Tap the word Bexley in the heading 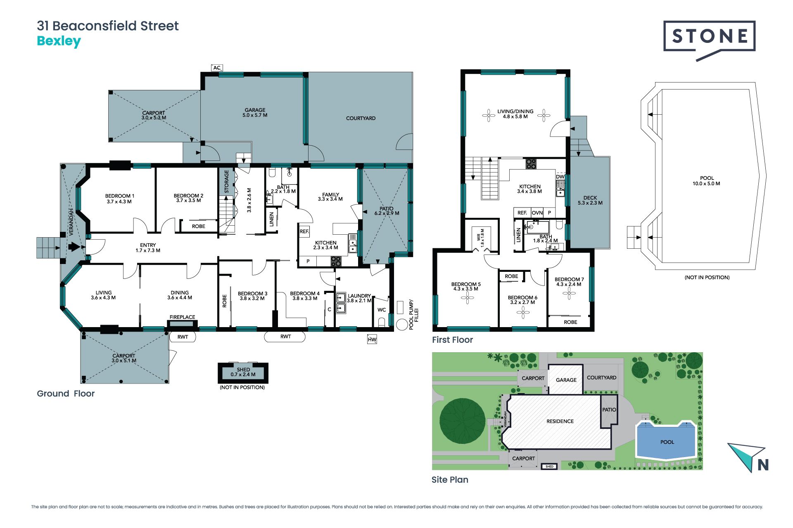coord(59,41)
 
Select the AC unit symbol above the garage coord(217,68)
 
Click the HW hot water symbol coord(372,339)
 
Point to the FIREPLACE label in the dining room coord(182,317)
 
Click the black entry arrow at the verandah coord(74,247)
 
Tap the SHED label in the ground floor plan coord(243,370)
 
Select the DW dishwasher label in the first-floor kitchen coord(560,177)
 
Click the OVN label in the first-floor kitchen coord(537,213)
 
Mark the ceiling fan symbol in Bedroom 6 coord(523,313)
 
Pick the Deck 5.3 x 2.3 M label coord(590,200)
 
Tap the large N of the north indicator coord(763,465)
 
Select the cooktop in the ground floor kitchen coord(336,261)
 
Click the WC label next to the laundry coord(382,310)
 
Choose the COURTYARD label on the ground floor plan coord(361,118)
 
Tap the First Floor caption coord(452,340)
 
